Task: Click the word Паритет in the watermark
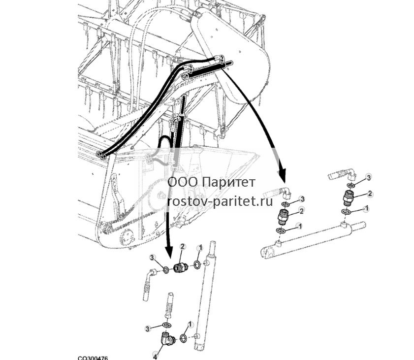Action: click(230, 182)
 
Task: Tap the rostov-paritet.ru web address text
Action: click(220, 202)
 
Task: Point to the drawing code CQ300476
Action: click(93, 358)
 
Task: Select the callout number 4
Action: click(155, 357)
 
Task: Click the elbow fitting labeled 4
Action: click(166, 339)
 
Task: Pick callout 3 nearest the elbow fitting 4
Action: click(148, 328)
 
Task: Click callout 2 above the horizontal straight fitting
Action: click(183, 247)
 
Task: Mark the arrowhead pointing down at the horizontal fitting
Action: click(168, 253)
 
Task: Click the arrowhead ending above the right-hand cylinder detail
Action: click(282, 175)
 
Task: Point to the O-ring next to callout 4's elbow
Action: click(184, 338)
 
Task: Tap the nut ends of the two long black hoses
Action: click(101, 155)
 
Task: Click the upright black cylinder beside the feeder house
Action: click(178, 132)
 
